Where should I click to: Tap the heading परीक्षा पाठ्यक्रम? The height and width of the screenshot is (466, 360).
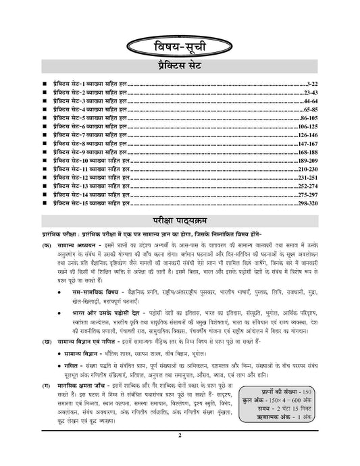tap(180, 221)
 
